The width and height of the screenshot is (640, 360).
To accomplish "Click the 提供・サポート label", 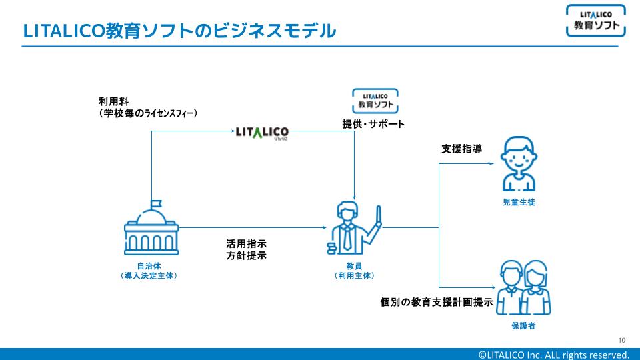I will [x=373, y=125].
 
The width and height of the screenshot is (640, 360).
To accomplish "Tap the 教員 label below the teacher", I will [x=354, y=265].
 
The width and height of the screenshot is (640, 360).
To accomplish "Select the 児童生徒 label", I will [x=519, y=203].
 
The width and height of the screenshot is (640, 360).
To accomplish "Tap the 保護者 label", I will [x=523, y=327].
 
